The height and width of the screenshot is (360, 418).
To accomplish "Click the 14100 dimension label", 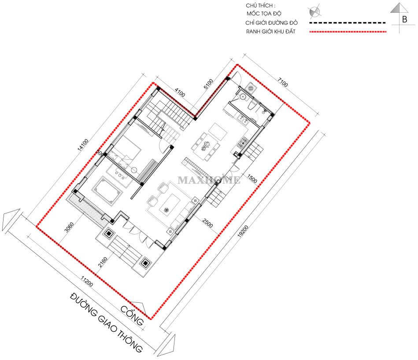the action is pyautogui.click(x=83, y=145).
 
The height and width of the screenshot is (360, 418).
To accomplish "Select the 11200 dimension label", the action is pyautogui.click(x=87, y=282).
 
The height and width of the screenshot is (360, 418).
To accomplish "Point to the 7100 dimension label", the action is pyautogui.click(x=283, y=83).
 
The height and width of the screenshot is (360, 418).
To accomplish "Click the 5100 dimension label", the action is pyautogui.click(x=208, y=84).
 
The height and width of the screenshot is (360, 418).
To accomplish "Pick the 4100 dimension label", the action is pyautogui.click(x=180, y=92).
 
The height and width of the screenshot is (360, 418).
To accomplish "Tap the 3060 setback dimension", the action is pyautogui.click(x=69, y=227).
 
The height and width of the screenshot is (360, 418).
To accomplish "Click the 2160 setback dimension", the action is pyautogui.click(x=103, y=262).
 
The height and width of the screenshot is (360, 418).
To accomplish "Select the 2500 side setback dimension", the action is pyautogui.click(x=207, y=223).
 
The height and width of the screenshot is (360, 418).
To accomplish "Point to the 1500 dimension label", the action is pyautogui.click(x=252, y=179).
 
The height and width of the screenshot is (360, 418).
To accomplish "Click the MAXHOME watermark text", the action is pyautogui.click(x=209, y=180).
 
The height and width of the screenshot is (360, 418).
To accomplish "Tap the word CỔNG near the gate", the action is pyautogui.click(x=132, y=316).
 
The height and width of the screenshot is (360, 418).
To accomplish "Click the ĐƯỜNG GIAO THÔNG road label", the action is pyautogui.click(x=106, y=322).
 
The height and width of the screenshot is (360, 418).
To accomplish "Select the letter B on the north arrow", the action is pyautogui.click(x=405, y=19).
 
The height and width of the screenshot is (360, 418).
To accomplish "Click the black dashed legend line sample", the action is pyautogui.click(x=348, y=23).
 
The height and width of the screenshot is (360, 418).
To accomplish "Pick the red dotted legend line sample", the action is pyautogui.click(x=348, y=32).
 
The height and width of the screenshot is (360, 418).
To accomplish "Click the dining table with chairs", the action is pyautogui.click(x=206, y=146).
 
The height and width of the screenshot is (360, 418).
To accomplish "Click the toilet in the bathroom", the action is pyautogui.click(x=252, y=106).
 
